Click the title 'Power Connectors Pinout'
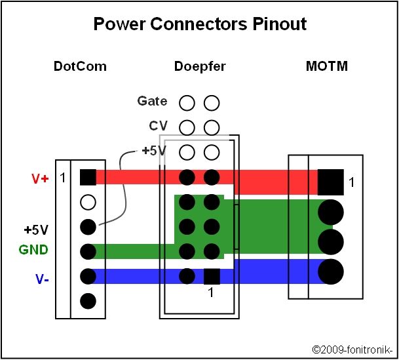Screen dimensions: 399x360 [x=200, y=24]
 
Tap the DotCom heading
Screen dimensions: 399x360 [x=80, y=66]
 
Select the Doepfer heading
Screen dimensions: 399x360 [x=200, y=67]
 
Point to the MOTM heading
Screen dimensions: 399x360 [x=327, y=66]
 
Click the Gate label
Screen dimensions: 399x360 [x=152, y=101]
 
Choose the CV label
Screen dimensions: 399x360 [x=159, y=126]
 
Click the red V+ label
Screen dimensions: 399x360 [x=40, y=179]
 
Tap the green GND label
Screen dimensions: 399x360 [x=33, y=250]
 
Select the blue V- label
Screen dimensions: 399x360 [x=42, y=279]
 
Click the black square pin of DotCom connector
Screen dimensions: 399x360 [x=88, y=177]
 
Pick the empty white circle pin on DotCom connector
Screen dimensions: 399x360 [x=88, y=203]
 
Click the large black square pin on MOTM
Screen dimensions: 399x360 [x=331, y=182]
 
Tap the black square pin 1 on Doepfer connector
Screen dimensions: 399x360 [x=212, y=277]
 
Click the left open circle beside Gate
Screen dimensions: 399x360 [x=187, y=103]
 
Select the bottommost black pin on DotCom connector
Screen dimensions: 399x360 [x=88, y=301]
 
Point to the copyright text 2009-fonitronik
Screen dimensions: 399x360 [x=352, y=350]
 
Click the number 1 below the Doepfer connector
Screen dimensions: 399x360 [x=211, y=292]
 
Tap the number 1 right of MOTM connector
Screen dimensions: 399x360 [x=351, y=182]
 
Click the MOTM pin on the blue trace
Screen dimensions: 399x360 [x=331, y=271]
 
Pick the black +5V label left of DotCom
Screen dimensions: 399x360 [x=36, y=230]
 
